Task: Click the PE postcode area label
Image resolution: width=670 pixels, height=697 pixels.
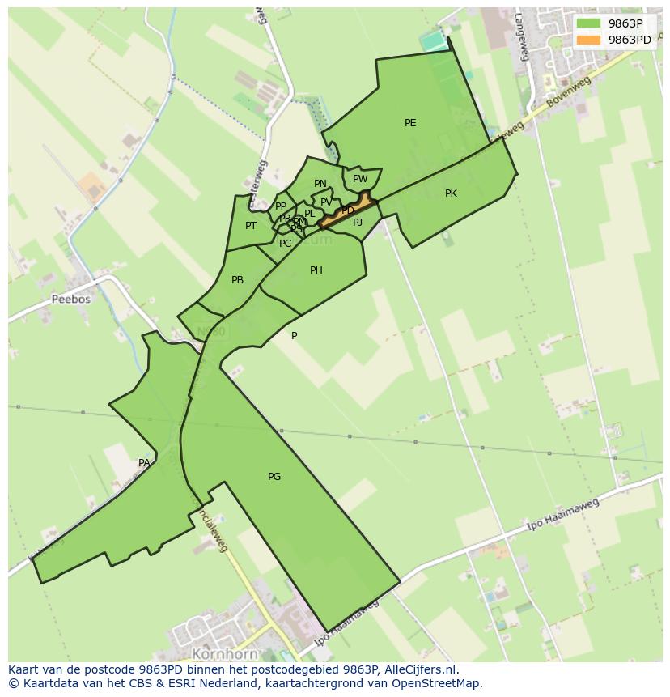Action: [x=410, y=123]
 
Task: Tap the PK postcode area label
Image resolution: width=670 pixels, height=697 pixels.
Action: [x=451, y=193]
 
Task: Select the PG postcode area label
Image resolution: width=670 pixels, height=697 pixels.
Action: [x=274, y=477]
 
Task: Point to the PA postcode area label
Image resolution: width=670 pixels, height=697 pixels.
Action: [x=144, y=463]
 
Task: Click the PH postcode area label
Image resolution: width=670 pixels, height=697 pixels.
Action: [x=316, y=270]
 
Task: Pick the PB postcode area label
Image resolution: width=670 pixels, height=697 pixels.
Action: [x=237, y=280]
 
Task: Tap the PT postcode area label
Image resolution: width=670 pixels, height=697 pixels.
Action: [x=251, y=226]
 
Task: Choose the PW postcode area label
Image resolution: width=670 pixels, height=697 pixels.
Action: [x=360, y=179]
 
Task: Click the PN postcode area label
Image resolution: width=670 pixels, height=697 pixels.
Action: [x=320, y=184]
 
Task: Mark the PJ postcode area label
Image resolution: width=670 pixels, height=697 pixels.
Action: [x=358, y=222]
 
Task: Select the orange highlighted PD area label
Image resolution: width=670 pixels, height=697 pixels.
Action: [x=348, y=210]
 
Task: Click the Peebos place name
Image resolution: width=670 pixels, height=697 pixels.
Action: [x=71, y=299]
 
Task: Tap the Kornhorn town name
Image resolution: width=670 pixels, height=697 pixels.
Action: [x=225, y=653]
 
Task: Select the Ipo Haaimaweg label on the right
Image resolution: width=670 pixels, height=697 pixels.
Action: [x=562, y=515]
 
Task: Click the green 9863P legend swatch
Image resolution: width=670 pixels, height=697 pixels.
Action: [x=589, y=23]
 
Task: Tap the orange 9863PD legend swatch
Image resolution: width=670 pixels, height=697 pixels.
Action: [x=589, y=40]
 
